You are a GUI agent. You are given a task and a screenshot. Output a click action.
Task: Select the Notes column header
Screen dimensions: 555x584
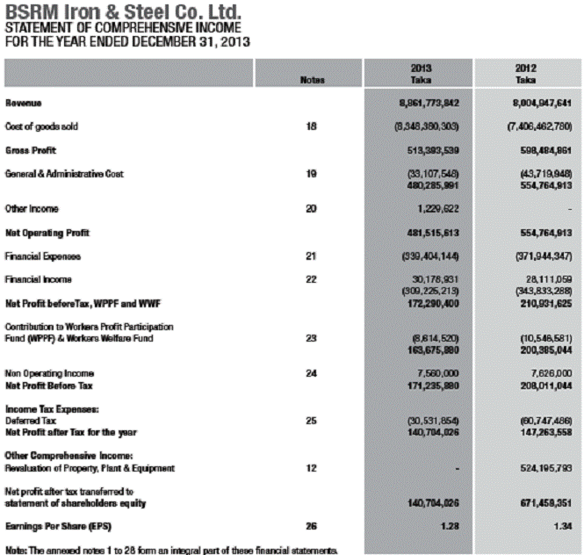click(x=312, y=81)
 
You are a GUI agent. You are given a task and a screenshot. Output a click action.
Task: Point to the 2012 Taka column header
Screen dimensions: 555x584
click(x=527, y=73)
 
